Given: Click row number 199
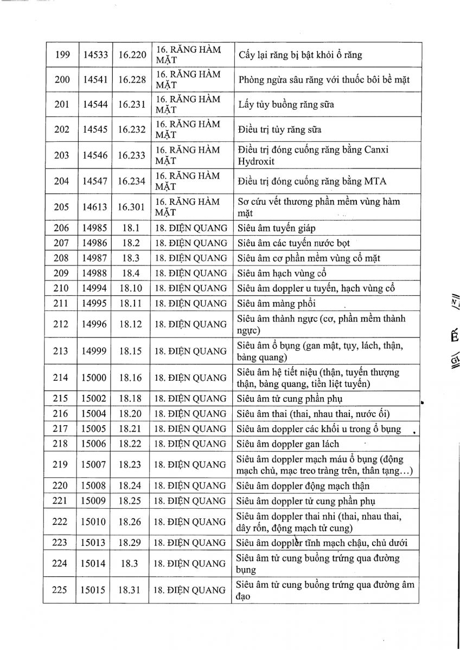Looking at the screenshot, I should (62, 55).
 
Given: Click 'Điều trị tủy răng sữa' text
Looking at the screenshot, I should (280, 130).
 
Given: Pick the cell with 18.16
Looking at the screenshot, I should (130, 378).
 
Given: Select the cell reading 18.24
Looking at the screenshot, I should (130, 486).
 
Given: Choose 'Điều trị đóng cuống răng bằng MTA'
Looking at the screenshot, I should (312, 181).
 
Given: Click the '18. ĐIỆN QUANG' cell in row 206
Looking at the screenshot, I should (190, 229).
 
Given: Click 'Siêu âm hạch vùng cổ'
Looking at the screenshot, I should (282, 274).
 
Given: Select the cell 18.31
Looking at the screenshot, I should (130, 590).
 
